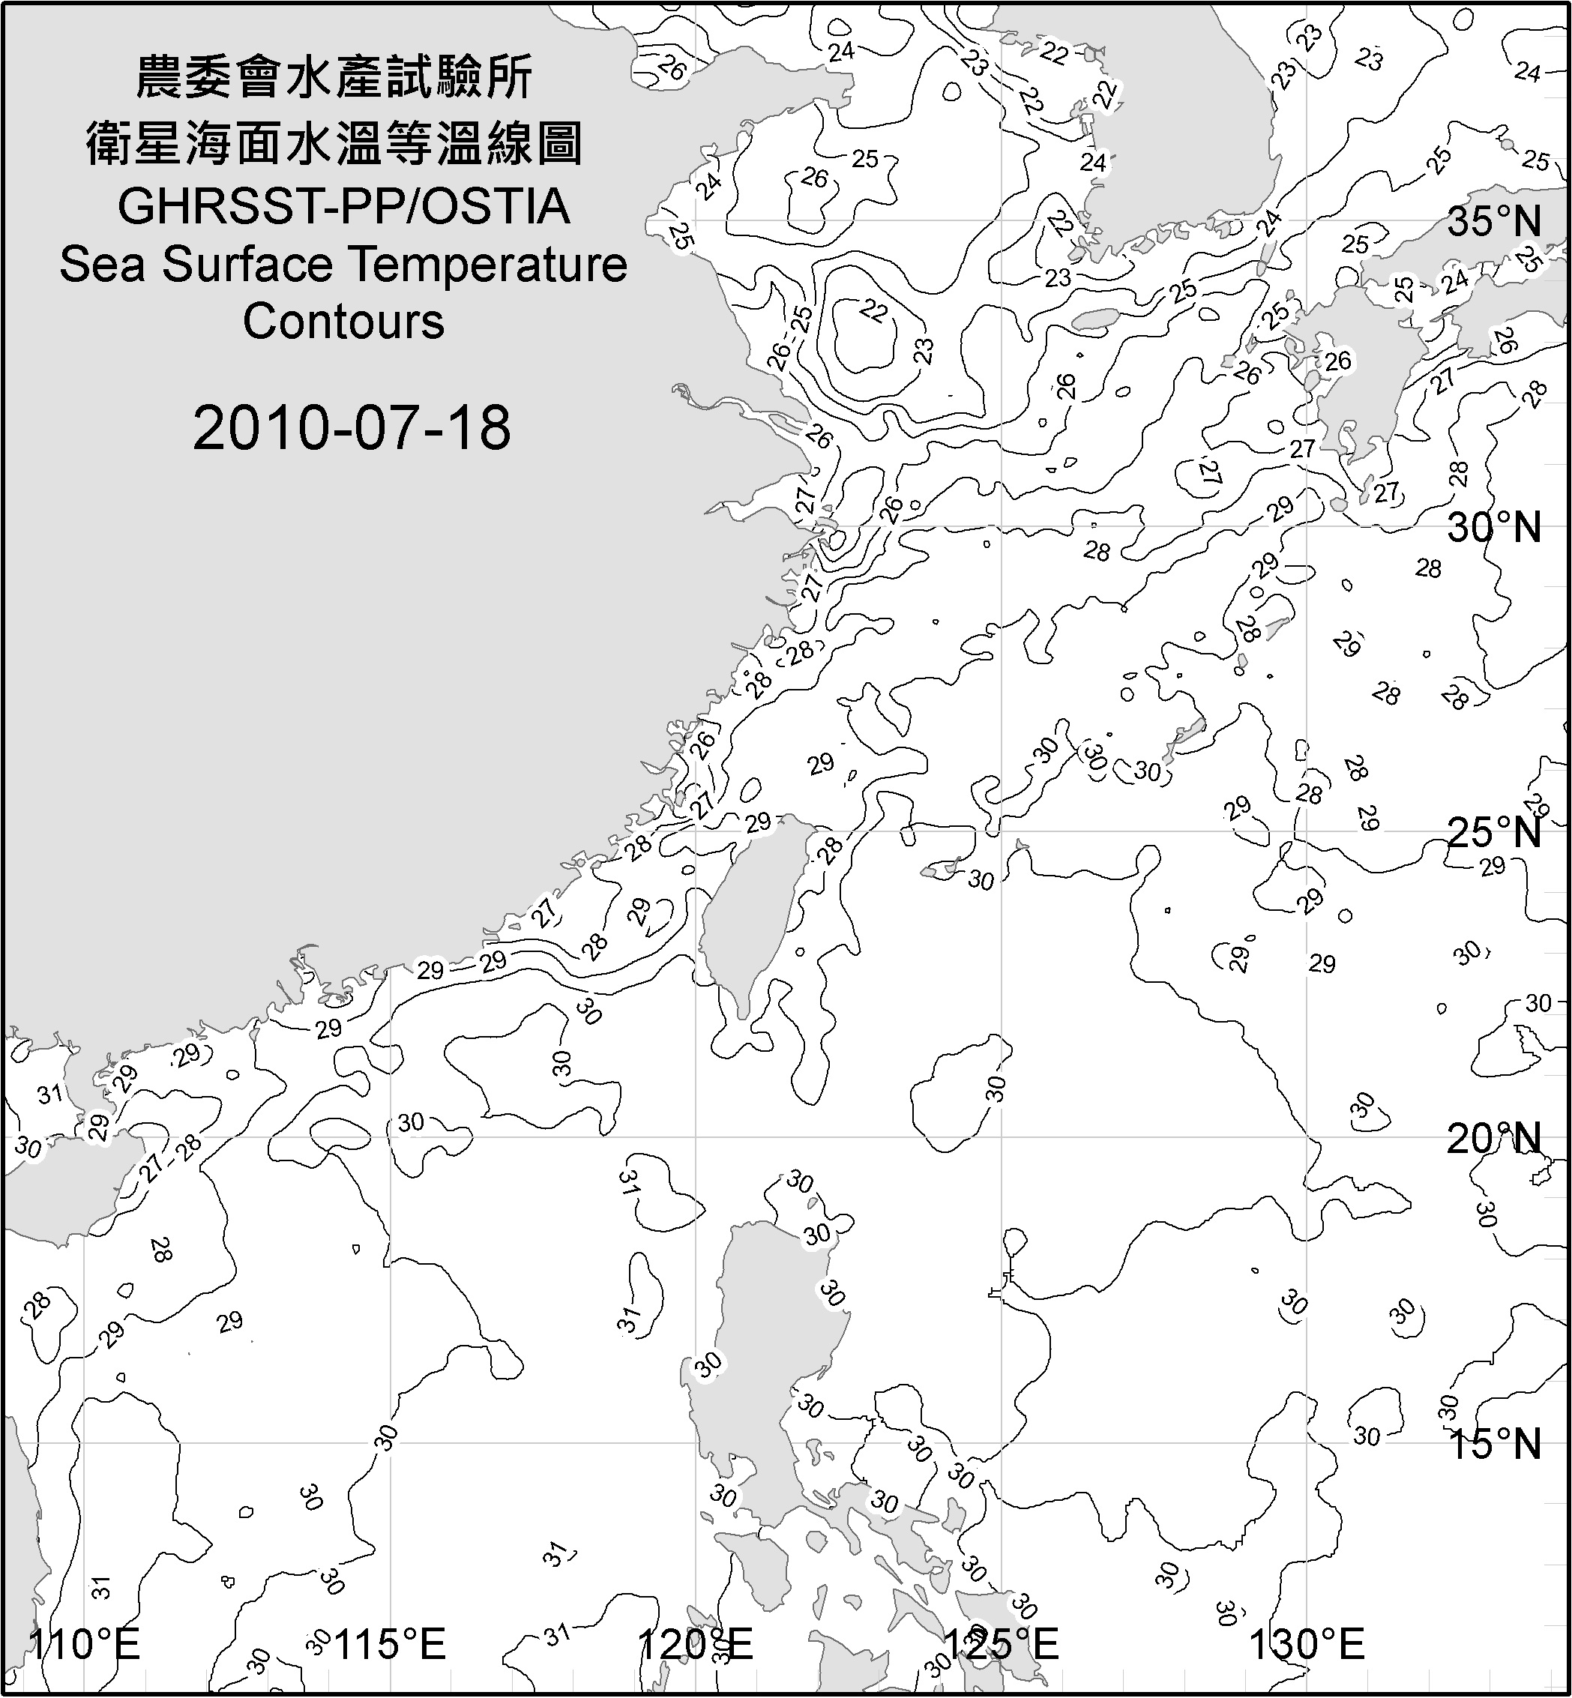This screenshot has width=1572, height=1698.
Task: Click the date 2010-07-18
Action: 352,428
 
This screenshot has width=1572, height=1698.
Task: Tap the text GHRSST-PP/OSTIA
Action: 343,208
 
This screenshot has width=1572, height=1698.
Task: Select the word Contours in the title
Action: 343,322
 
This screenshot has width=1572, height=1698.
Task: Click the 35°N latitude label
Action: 1495,222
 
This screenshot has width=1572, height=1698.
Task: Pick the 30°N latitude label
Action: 1495,529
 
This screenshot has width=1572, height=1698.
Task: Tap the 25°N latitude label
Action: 1495,832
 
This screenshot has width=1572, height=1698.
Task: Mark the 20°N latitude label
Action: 1495,1138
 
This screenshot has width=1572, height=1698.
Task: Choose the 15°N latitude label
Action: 1495,1444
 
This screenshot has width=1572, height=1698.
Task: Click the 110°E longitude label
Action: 85,1643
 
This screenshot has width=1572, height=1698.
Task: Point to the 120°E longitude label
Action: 696,1643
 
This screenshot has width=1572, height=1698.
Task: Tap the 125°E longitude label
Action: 1003,1643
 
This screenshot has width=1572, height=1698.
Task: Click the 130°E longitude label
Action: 1307,1643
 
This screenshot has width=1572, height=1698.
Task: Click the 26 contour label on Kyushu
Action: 1337,361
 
